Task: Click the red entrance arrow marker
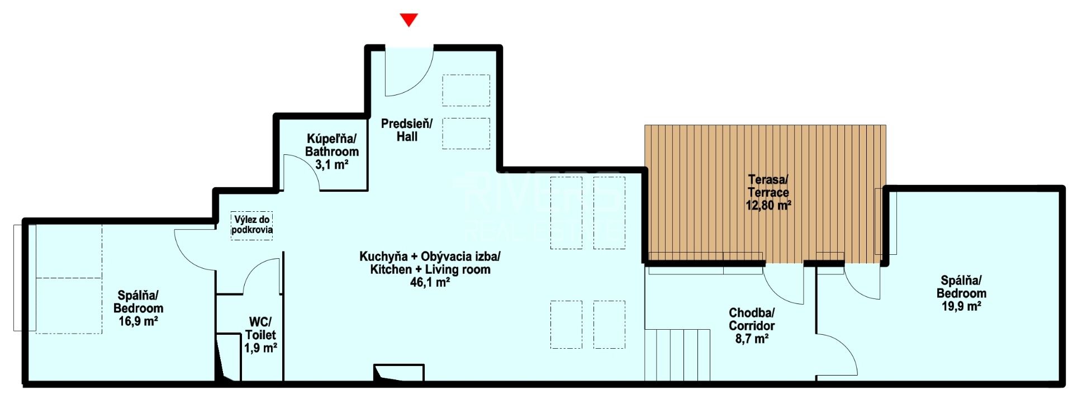coord(409,20)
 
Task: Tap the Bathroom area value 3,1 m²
coord(332,165)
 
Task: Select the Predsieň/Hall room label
coord(407,130)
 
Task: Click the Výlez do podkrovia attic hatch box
coord(252,225)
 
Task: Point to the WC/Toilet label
coord(260,329)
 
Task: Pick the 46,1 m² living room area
coord(430,283)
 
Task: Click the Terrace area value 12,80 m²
coord(768,205)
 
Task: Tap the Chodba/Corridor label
coord(752,319)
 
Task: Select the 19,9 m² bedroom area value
coord(961,306)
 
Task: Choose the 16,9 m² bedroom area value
coord(138,321)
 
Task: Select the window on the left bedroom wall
coord(25,278)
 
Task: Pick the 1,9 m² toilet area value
coord(260,348)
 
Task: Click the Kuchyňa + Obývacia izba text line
coord(430,257)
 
